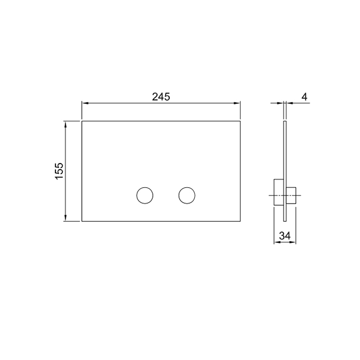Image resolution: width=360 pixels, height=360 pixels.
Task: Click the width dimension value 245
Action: [x=160, y=96]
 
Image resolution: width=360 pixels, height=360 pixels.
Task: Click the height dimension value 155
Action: [x=59, y=171]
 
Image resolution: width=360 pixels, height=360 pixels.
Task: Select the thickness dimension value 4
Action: [x=304, y=96]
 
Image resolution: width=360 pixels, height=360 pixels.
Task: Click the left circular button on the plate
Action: [x=145, y=195]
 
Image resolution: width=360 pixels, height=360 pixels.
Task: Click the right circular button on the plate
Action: [x=187, y=195]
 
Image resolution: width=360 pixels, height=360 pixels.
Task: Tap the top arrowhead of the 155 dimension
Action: [x=65, y=124]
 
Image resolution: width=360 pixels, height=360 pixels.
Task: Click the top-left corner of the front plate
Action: [x=82, y=121]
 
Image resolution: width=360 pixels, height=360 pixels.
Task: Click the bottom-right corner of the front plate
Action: [x=241, y=221]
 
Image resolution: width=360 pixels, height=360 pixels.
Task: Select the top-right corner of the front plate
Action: [x=241, y=121]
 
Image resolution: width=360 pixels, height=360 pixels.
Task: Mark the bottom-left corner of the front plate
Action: [x=82, y=221]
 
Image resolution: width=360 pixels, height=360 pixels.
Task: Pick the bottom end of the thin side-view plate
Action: [x=284, y=221]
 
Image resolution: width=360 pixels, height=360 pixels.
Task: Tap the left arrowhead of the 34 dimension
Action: [x=276, y=243]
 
